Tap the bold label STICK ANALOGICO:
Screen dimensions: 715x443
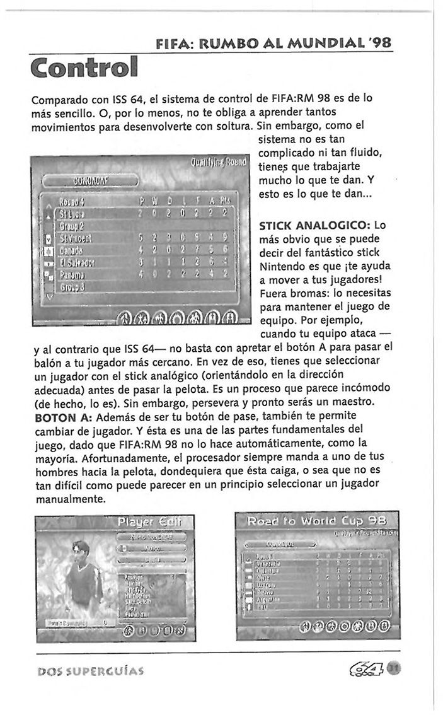click(314, 225)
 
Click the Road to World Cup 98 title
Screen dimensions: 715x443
click(313, 521)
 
